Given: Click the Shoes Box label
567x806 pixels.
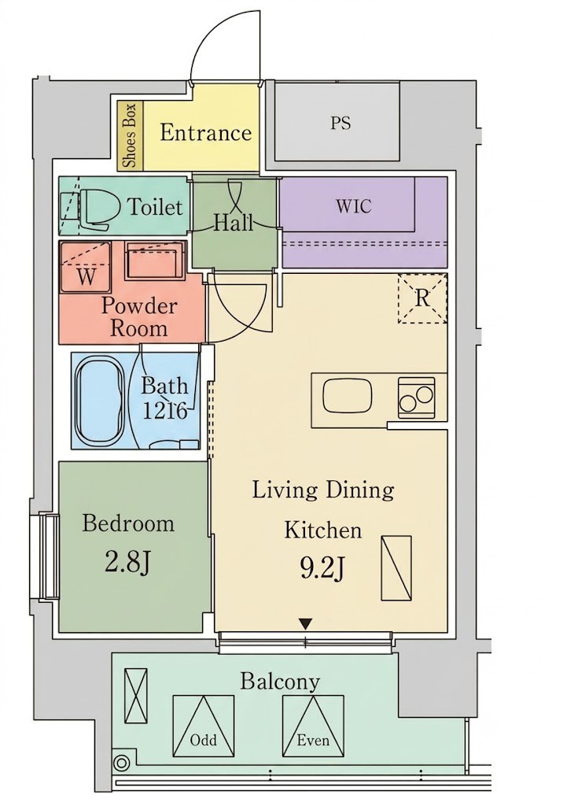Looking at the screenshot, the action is pos(131,135).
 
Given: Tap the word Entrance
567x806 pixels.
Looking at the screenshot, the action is pos(205,132).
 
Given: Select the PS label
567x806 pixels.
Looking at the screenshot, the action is pos(341,124).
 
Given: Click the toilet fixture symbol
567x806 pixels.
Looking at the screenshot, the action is pos(95,208).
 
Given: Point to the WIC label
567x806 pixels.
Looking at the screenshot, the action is pos(354,206).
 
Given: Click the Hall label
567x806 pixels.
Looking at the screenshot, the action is pos(234,223).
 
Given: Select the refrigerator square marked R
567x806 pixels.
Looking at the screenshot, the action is pos(422,298).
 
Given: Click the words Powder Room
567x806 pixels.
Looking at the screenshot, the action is pos(139,316).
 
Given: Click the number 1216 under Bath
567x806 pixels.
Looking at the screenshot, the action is pos(164,411).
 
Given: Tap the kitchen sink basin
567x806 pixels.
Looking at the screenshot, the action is pos(348,397).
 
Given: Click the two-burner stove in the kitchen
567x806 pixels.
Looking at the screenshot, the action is pos(416,397).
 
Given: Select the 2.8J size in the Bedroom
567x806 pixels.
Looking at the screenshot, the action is pos(127,562).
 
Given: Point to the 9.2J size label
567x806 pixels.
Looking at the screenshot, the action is pos(322,569).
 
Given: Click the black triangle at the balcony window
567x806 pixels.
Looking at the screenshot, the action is pos(306,624).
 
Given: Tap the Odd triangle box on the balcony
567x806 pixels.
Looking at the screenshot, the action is pos(204,727).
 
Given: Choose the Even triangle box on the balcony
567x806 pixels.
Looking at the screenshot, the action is pos(313,727).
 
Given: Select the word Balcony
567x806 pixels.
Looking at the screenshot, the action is pos(280,682).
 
